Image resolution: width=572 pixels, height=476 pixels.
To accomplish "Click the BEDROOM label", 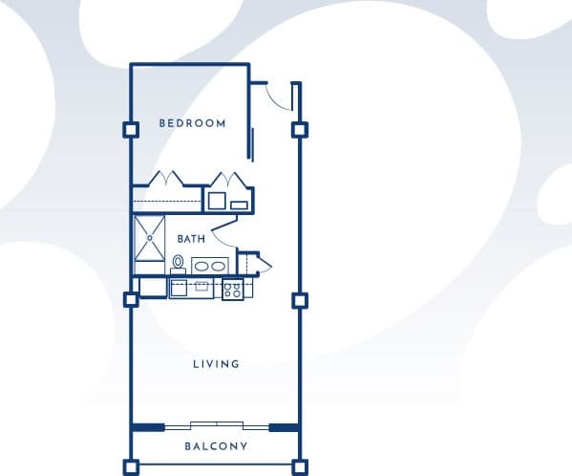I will [x=192, y=123].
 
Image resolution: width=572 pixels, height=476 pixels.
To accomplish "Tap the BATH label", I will [x=191, y=239].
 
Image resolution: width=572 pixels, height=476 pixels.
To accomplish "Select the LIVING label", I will [x=216, y=364].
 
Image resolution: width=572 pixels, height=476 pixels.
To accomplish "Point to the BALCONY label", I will [x=216, y=446].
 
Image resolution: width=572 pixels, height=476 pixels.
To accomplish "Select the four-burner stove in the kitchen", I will [x=232, y=289].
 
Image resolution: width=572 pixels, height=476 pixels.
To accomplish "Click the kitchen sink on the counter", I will [x=201, y=285].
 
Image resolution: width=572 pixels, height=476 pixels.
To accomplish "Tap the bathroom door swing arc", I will [x=222, y=227].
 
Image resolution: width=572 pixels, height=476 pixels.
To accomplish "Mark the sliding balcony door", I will [x=216, y=425].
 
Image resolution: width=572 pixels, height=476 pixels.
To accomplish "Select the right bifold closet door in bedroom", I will [x=229, y=181].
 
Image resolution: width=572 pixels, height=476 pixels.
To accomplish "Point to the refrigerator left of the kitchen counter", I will [x=153, y=287].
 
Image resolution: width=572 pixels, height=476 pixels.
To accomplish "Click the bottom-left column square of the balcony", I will [x=131, y=467].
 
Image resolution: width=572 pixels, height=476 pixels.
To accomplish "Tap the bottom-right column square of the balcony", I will [x=300, y=467].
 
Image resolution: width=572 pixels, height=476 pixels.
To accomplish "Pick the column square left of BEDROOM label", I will [x=131, y=130].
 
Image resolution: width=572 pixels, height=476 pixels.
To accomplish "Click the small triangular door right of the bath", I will [x=263, y=265].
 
